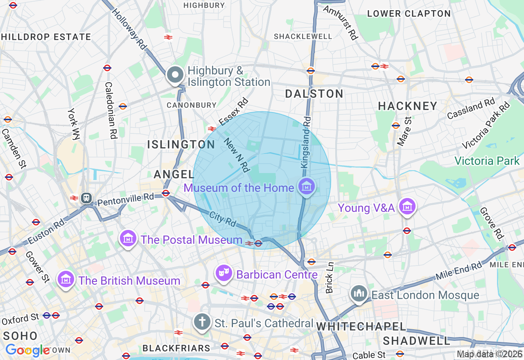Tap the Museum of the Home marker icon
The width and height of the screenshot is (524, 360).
pos(307,187)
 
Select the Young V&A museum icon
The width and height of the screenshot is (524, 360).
pos(407,207)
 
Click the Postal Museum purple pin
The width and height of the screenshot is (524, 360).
pos(128,238)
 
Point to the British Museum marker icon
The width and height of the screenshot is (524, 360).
pos(65,279)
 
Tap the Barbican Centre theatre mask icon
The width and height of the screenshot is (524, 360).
pos(224,273)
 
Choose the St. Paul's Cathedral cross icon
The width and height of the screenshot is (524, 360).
pos(202,322)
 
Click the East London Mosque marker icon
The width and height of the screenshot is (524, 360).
pos(359,294)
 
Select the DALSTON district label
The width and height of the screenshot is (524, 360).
pos(314,94)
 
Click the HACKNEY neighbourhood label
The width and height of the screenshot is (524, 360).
pos(407,106)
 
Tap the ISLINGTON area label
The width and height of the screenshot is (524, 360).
pos(181,144)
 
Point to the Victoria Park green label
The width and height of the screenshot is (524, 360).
pos(487,161)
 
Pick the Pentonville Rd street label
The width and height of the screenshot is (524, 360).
pos(125,199)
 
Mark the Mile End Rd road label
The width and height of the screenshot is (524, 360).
pos(458,271)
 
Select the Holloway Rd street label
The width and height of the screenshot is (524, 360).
pos(128,29)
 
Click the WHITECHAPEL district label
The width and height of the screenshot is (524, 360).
pos(361,326)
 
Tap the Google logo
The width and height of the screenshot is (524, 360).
pos(27,350)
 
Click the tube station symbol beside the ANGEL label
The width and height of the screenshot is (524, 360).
pos(166,193)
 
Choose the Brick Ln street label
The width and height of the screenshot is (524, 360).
pos(330,278)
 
